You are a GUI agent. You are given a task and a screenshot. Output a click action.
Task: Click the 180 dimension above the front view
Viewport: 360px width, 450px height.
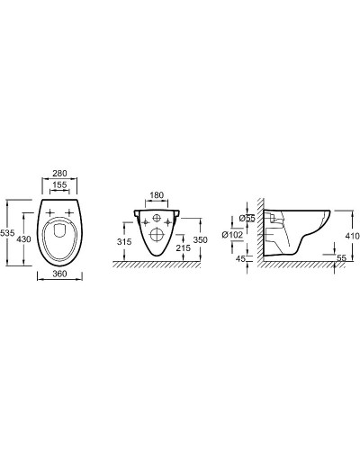(x=156, y=195)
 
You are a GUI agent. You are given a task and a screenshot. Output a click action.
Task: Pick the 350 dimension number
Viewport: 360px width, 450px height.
(x=200, y=239)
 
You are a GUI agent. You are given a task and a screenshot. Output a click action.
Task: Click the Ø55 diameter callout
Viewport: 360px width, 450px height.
(x=247, y=219)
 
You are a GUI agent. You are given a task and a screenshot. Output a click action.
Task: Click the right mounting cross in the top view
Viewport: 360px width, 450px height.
(x=72, y=214)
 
